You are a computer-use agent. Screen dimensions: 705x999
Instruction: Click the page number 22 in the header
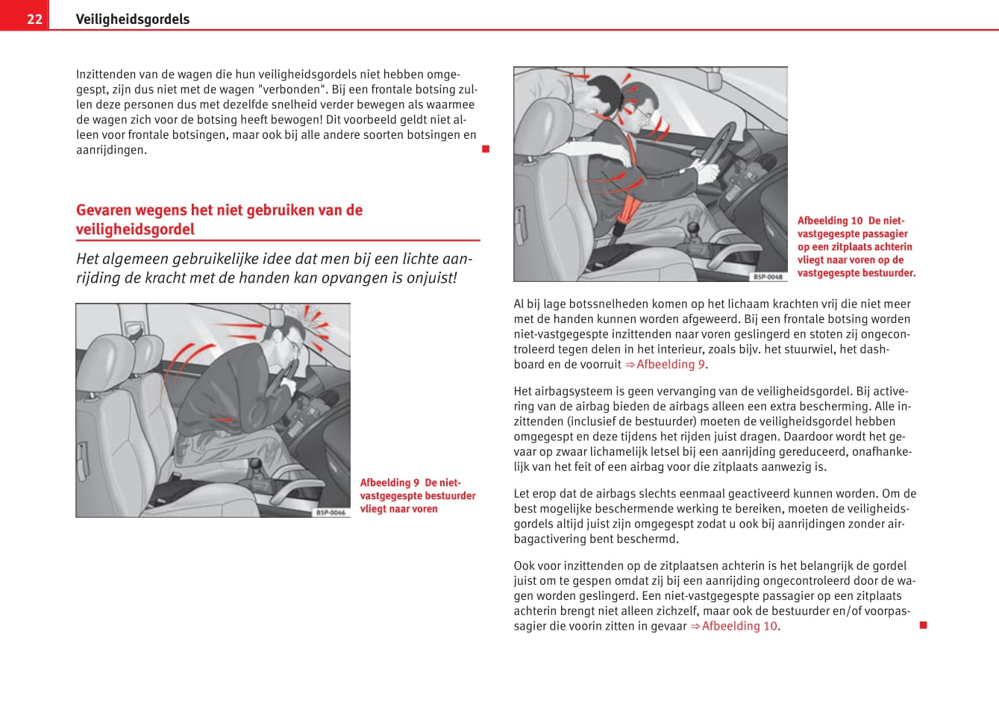pyautogui.click(x=34, y=19)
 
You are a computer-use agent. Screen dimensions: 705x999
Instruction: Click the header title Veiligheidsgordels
pyautogui.click(x=132, y=19)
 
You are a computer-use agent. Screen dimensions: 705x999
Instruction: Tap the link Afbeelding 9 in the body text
pyautogui.click(x=671, y=364)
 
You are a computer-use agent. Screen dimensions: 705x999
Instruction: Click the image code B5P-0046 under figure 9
pyautogui.click(x=331, y=513)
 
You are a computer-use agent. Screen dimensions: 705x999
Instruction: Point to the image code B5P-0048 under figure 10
pyautogui.click(x=768, y=277)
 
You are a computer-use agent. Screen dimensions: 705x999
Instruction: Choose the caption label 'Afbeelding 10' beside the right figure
pyautogui.click(x=830, y=221)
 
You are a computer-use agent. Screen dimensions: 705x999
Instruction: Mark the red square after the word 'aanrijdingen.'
pyautogui.click(x=486, y=149)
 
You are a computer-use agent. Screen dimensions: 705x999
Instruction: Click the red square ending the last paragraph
pyautogui.click(x=923, y=625)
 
